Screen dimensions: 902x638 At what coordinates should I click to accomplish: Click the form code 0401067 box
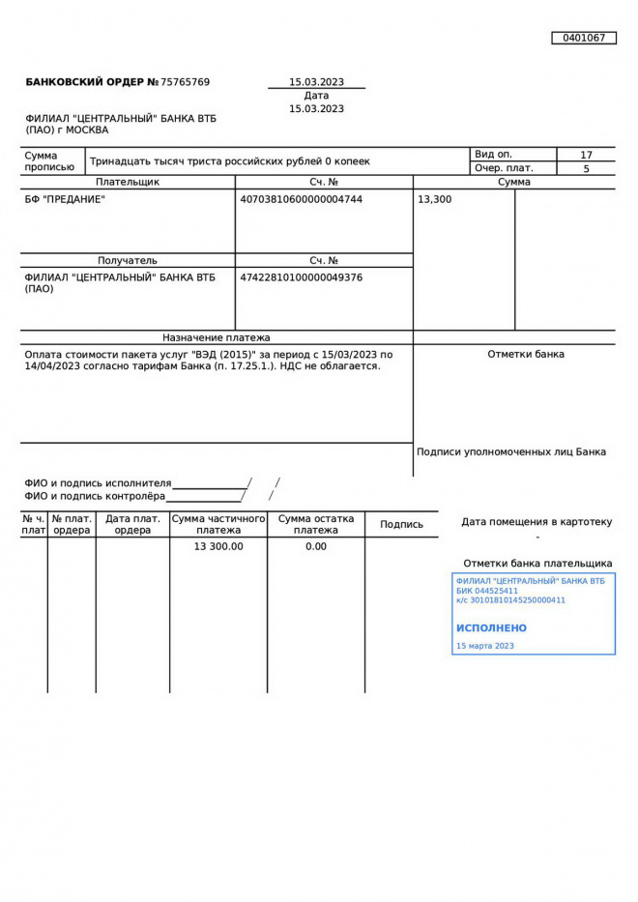tap(584, 38)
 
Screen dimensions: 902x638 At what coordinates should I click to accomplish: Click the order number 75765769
tap(185, 82)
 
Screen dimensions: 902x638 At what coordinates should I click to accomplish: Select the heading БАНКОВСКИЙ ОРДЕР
tap(85, 82)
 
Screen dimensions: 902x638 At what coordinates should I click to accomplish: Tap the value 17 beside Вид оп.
tap(586, 155)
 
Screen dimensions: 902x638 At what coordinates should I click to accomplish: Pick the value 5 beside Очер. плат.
tap(586, 168)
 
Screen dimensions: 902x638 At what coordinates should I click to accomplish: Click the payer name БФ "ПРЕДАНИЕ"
tap(65, 199)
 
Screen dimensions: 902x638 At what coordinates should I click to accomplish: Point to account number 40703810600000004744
tap(301, 199)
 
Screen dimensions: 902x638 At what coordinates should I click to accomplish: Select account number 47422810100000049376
tap(301, 277)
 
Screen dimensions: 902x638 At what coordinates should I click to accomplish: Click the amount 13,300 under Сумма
tap(434, 199)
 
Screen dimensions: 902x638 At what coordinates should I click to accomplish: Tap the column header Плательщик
tap(128, 182)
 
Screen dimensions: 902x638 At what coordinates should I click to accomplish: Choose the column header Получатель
tap(128, 260)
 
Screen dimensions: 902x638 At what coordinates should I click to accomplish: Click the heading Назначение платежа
tap(217, 337)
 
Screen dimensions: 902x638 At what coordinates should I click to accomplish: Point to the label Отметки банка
tap(526, 354)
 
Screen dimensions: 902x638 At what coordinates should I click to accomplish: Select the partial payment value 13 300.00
tap(218, 546)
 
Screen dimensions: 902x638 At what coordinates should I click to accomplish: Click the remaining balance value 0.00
tap(316, 546)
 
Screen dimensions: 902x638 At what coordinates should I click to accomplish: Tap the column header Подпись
tap(401, 524)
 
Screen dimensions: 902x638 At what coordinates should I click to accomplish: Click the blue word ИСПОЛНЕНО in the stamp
tap(491, 627)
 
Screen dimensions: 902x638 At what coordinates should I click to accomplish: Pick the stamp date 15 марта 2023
tap(484, 646)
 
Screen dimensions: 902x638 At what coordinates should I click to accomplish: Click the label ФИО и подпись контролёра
tap(95, 496)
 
